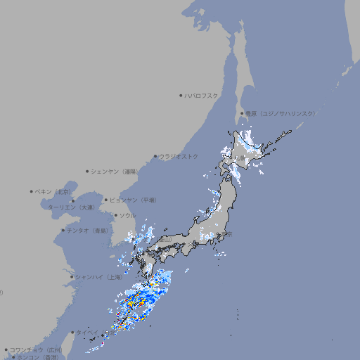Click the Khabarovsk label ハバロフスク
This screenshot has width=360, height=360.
(x=202, y=95)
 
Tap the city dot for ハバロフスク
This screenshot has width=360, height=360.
(x=181, y=95)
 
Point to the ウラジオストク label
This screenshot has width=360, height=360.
(x=179, y=156)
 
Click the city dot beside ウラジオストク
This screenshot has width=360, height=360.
(x=155, y=156)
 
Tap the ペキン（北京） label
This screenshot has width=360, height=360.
(x=53, y=191)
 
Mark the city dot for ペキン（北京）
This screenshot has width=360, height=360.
(x=32, y=191)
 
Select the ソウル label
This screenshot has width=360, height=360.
(x=127, y=215)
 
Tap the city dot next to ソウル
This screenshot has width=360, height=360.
(x=115, y=215)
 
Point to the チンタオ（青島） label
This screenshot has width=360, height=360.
(x=87, y=230)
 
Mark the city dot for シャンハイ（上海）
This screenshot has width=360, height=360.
(x=72, y=277)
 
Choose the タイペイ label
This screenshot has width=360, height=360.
(x=88, y=333)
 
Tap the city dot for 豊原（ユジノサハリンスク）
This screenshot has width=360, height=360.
(x=242, y=113)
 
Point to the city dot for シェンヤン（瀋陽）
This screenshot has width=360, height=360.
(x=87, y=171)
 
